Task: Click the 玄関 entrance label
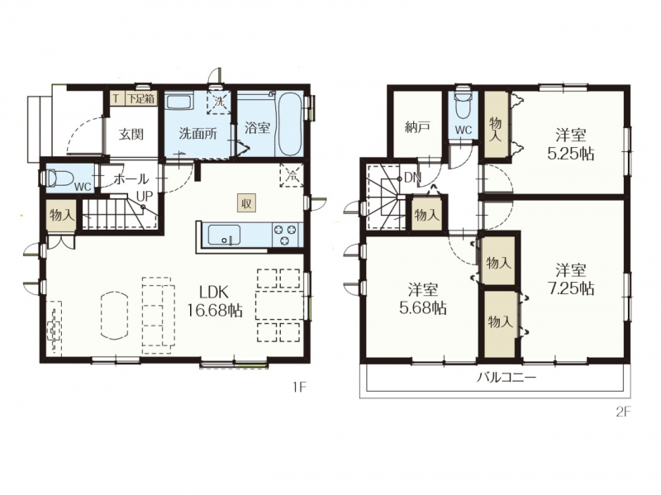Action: pos(131,135)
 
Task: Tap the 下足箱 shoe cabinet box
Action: pos(140,99)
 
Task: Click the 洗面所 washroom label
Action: pos(197,134)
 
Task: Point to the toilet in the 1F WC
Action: pos(53,178)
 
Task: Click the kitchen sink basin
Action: pos(224,235)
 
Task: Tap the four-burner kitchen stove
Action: pos(286,235)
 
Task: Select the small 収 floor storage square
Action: pos(246,203)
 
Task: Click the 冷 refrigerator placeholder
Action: pos(292,176)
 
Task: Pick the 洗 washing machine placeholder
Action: pos(219,102)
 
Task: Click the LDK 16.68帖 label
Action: pos(215,301)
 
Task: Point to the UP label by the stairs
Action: pos(144,197)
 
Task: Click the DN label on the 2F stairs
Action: pos(412,178)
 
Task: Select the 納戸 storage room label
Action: pos(417,127)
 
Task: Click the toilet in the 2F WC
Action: pos(464,101)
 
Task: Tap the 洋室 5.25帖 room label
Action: pos(570,145)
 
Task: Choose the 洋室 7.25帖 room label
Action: pos(570,278)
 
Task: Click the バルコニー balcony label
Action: pos(506,377)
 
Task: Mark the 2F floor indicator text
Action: pos(623,412)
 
